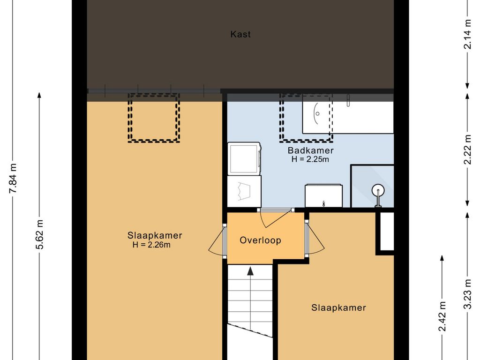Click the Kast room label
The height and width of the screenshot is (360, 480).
pos(240,34)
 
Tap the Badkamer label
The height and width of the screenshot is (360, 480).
pos(310,150)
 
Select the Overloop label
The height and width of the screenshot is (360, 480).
pos(260,240)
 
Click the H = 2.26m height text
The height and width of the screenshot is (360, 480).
pos(151,245)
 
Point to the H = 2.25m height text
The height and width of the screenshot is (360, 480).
pos(310,159)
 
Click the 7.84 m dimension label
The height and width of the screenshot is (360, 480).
pos(13,178)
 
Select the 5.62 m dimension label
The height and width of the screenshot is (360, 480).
pos(39,234)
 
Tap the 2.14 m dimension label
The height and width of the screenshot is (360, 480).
pos(467,34)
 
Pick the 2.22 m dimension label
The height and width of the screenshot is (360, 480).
pos(467,150)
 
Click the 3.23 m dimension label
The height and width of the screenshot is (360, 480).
pos(467,294)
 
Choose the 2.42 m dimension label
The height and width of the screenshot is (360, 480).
pos(442,316)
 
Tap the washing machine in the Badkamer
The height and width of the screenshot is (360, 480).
pos(244,158)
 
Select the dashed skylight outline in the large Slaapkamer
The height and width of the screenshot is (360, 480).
pos(153,118)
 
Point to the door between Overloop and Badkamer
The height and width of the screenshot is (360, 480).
pos(275,218)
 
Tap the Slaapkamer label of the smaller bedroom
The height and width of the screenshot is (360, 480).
pos(338,307)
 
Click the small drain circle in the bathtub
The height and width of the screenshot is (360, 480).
pos(317,113)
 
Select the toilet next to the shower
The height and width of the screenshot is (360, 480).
pos(323,195)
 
